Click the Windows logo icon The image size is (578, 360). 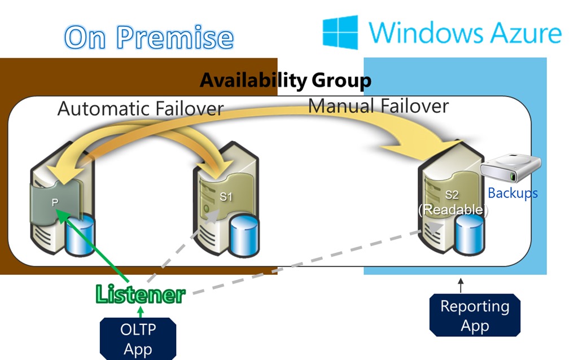click(340, 32)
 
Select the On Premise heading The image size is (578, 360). click(149, 38)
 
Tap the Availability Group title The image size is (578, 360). click(286, 81)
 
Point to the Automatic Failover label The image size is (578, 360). click(141, 108)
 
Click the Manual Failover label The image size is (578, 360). click(378, 106)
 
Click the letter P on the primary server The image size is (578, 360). click(55, 202)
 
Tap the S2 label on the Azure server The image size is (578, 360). click(452, 195)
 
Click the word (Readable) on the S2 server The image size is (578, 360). click(451, 209)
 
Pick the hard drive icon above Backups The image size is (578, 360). click(511, 168)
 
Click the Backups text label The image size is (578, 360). click(513, 193)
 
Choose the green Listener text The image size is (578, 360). click(140, 294)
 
